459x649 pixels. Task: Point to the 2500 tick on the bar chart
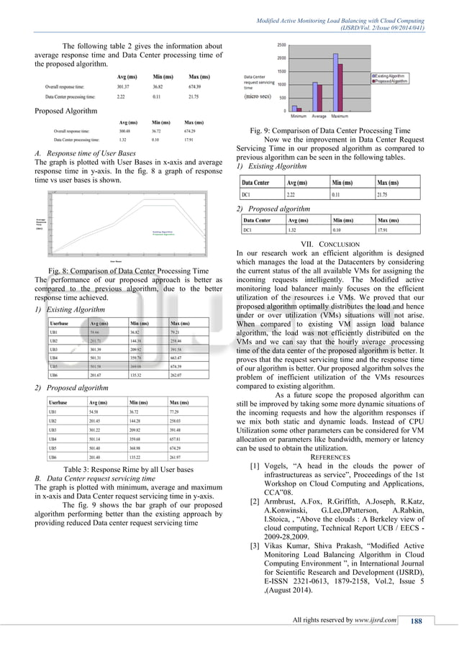coord(282,45)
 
